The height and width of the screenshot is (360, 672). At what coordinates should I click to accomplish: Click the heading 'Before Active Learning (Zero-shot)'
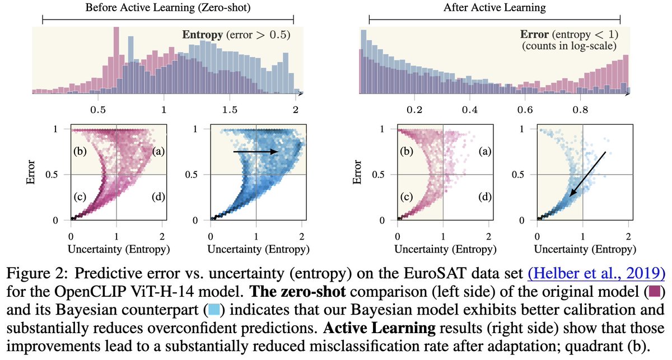click(169, 8)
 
